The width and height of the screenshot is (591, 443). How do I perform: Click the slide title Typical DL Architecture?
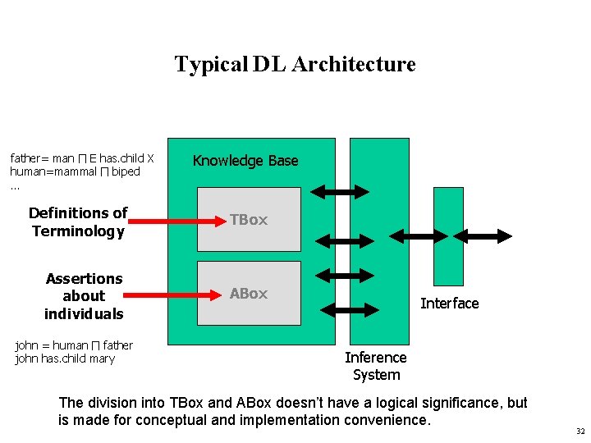295,64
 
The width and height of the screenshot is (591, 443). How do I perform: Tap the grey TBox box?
249,219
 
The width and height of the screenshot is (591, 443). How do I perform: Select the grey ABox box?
249,293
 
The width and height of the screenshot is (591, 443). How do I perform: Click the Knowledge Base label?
245,161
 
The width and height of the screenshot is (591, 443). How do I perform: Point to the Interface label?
449,304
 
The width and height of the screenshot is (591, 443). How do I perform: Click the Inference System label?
376,366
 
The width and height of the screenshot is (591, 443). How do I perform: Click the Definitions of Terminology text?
78,222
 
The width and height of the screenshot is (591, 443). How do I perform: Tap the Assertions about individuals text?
84,296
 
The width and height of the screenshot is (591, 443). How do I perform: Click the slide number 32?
580,431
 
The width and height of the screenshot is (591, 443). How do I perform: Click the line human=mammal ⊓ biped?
76,171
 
